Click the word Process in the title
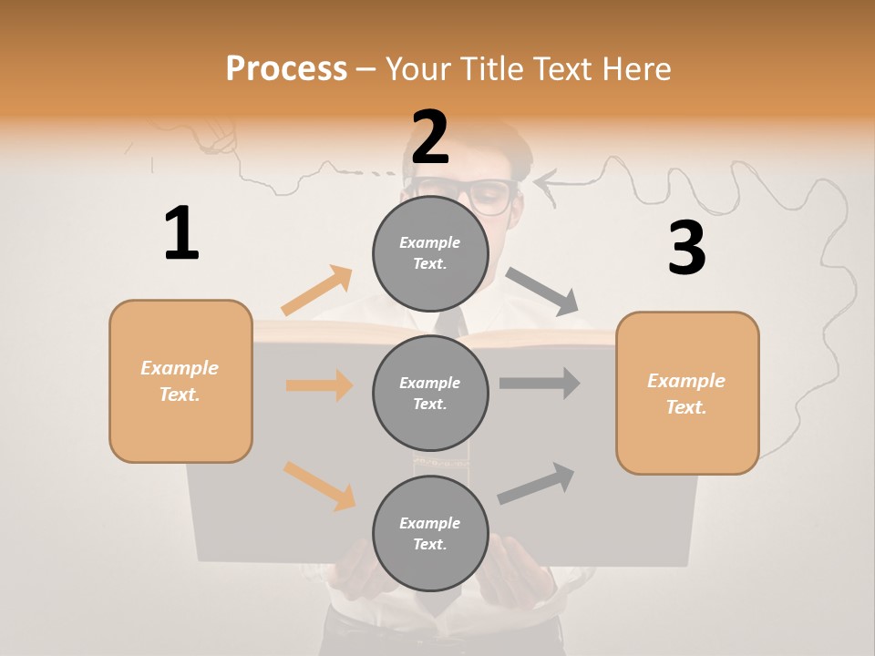[x=286, y=69]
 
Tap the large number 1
[x=181, y=233]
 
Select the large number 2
[x=430, y=138]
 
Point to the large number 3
[x=686, y=248]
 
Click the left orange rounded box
[x=180, y=381]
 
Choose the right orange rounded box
[x=687, y=394]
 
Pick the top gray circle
[x=430, y=253]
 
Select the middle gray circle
[x=430, y=394]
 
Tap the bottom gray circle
[x=430, y=534]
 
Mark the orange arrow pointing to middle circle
[x=319, y=384]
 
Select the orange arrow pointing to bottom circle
[x=319, y=485]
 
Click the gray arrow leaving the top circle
[x=542, y=292]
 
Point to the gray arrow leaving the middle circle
[x=540, y=383]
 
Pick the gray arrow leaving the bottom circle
[x=536, y=483]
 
